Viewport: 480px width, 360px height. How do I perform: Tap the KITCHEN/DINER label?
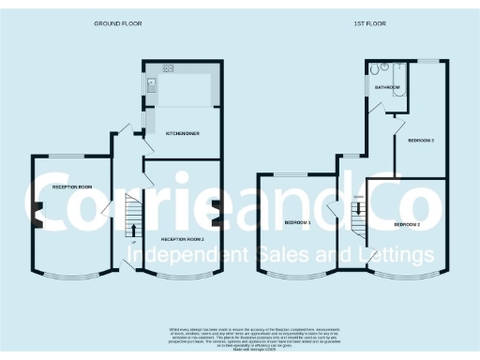(x=181, y=134)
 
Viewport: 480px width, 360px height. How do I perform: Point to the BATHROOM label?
(x=388, y=87)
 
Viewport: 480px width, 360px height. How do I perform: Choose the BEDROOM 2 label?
(x=406, y=225)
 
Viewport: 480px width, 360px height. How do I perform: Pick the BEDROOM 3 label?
(x=421, y=141)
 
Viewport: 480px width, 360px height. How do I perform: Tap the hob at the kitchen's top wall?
(x=169, y=67)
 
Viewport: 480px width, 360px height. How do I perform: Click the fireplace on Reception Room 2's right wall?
(x=218, y=213)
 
